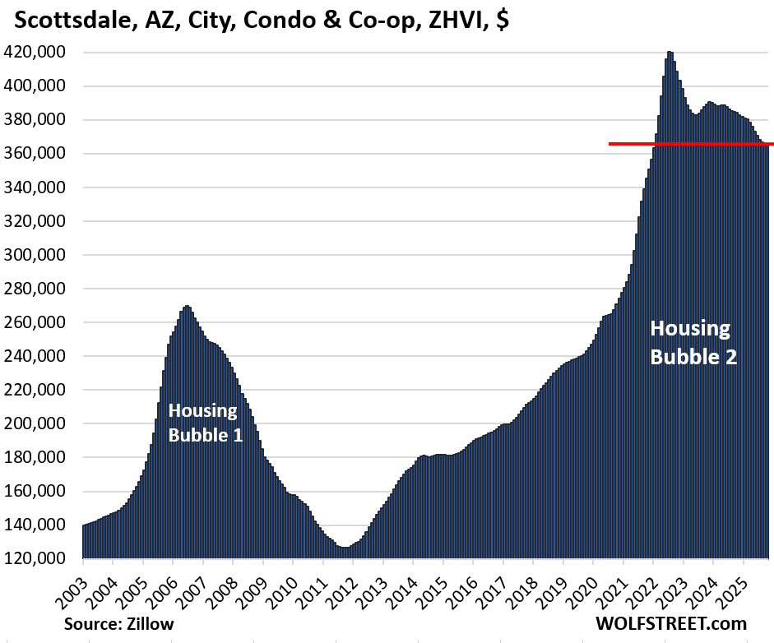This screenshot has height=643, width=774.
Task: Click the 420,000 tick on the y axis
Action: (x=40, y=53)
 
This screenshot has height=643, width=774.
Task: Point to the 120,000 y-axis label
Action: (x=40, y=558)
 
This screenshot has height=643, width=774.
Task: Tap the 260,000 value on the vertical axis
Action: (x=40, y=322)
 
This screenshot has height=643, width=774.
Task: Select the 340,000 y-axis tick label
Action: (x=40, y=187)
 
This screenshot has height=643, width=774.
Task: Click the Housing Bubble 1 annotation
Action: (x=205, y=423)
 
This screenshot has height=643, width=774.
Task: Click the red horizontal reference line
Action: (x=691, y=144)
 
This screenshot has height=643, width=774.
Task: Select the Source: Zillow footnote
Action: (x=119, y=624)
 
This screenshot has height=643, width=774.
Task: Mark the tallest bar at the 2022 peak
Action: (x=670, y=53)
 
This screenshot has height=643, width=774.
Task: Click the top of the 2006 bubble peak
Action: (x=187, y=307)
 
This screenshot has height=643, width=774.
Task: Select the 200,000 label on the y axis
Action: (x=40, y=423)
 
